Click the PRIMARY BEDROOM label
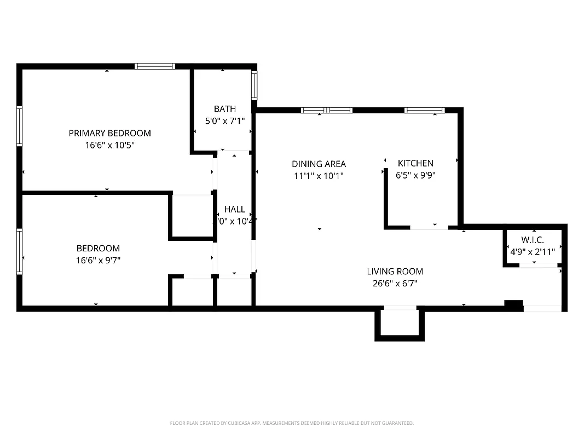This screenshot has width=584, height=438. pos(109,133)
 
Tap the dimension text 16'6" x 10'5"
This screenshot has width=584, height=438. pos(109,146)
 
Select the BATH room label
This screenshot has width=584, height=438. pos(225,109)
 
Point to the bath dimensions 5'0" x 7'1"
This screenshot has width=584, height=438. pos(225,121)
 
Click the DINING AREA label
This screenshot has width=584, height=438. pos(319,164)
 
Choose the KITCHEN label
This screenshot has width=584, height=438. pos(415,163)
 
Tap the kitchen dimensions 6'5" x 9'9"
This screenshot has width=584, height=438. pos(415,176)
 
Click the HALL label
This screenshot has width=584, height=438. pos(234,209)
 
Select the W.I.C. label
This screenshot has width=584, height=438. pos(532,240)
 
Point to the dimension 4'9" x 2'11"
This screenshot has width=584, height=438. pos(532,252)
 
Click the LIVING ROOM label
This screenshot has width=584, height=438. pos(395,272)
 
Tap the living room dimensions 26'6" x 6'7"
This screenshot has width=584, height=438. pos(395,284)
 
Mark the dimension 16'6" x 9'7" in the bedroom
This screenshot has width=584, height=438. pos(98,261)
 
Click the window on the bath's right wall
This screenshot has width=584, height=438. pos(255,85)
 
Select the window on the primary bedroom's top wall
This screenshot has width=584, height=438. pos(155,66)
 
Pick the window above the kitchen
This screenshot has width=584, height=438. pos(424,111)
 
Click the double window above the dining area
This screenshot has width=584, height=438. pos(326,111)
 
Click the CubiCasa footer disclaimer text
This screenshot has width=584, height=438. pos(292,423)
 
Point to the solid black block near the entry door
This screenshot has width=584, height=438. pos(513,305)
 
